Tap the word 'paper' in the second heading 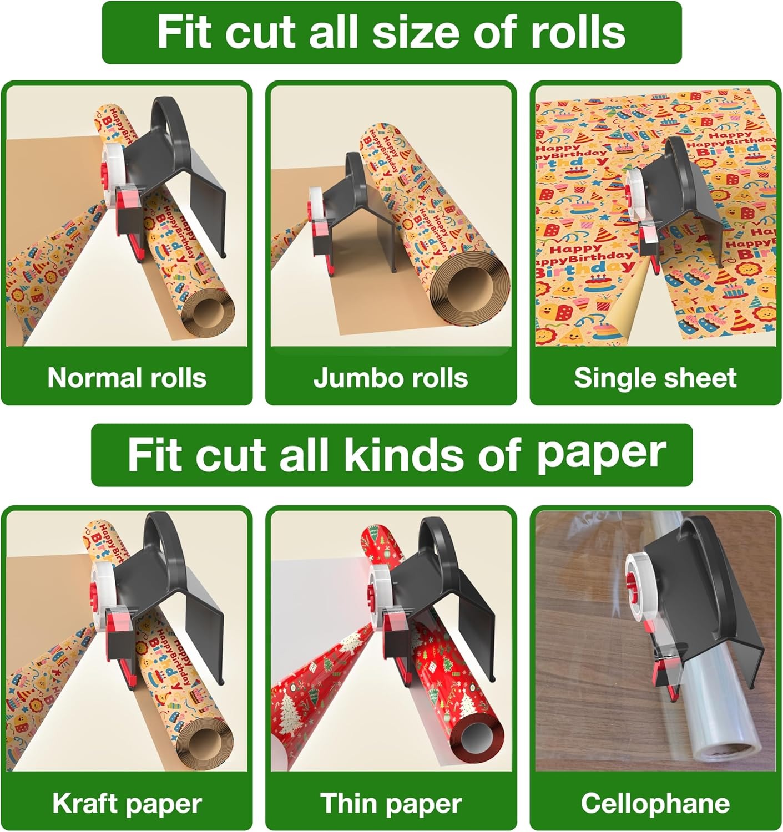[x=601, y=454]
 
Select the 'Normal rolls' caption [x=127, y=378]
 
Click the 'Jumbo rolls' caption [x=391, y=378]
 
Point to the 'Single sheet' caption [x=655, y=378]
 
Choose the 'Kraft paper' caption [x=127, y=803]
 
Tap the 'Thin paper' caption [x=391, y=803]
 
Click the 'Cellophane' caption [x=655, y=803]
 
